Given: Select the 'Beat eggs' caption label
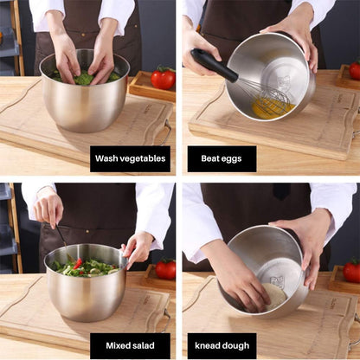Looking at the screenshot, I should [222, 159].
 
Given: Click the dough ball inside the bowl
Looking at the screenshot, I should [274, 295].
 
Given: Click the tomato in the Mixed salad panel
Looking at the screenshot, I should [164, 268].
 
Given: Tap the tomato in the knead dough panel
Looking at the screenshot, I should [351, 271].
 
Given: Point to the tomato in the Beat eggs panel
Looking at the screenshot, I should [355, 70].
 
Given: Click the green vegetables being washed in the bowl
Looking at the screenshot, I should [85, 79].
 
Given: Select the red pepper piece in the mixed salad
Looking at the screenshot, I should [79, 263].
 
